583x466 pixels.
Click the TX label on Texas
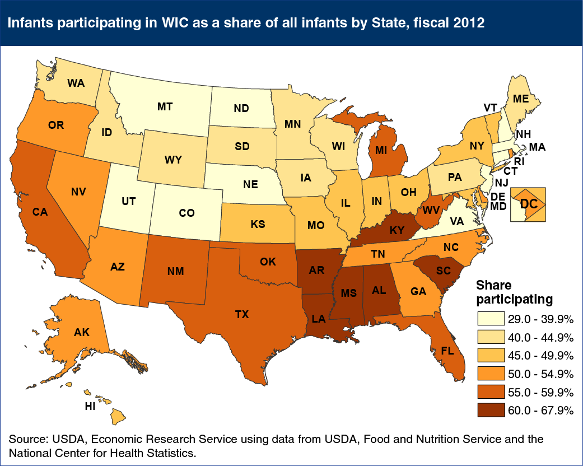pyautogui.click(x=241, y=315)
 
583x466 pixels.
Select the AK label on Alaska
pyautogui.click(x=82, y=332)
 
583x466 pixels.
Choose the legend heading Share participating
pyautogui.click(x=514, y=291)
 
